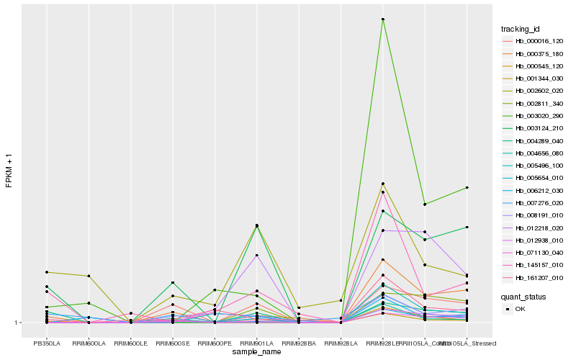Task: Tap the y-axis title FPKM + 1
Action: (9, 171)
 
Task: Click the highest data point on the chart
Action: (383, 19)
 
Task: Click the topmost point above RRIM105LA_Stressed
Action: (467, 188)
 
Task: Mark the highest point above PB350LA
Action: (47, 272)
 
